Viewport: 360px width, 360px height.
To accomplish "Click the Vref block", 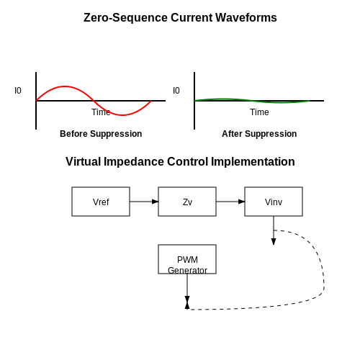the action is tap(101, 202).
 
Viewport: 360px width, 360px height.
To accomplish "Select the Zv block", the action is tap(187, 202).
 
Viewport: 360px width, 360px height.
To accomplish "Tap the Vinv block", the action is tap(274, 202).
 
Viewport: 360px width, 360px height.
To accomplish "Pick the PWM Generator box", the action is tap(187, 259).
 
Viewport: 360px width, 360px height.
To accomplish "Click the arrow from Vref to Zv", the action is tap(144, 202).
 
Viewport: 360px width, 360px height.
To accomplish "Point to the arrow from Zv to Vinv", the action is tap(230, 202).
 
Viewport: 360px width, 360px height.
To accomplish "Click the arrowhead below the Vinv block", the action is tap(274, 242).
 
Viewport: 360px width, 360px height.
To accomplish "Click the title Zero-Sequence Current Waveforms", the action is tap(180, 17).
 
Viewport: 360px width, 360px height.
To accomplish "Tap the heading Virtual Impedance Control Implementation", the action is tap(180, 161).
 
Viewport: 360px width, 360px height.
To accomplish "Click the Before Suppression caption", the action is tap(101, 134).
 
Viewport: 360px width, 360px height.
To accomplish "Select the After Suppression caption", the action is tap(259, 134).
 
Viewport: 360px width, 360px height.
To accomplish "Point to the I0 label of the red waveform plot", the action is tap(18, 91).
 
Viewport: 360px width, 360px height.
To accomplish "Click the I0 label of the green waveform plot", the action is tap(176, 91).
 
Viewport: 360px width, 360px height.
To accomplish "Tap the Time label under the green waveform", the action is tap(259, 112).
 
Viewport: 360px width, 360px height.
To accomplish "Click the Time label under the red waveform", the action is tap(101, 112).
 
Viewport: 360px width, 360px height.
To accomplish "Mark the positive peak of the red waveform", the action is tap(65, 86).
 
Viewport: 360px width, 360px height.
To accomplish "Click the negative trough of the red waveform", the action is tap(122, 115).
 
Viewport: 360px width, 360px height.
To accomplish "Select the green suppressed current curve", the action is tap(252, 101).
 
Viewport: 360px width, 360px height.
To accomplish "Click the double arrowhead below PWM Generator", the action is tap(187, 302).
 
